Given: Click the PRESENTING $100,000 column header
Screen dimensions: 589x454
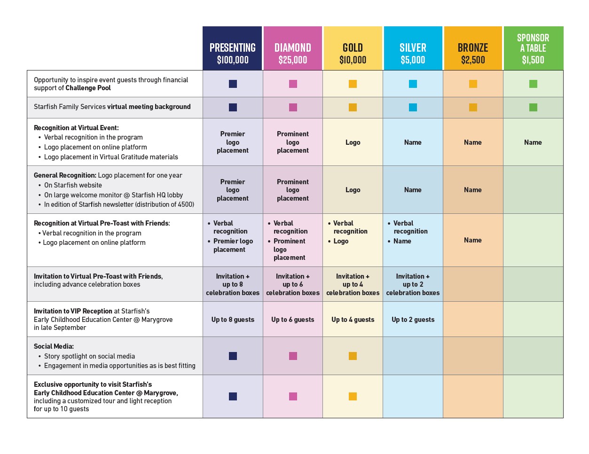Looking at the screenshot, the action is (x=232, y=48).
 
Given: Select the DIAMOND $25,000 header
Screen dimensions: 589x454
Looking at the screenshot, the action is (x=293, y=48).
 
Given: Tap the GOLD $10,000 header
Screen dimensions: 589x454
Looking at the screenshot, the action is (x=353, y=48).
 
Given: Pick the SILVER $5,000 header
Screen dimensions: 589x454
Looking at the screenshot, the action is (x=413, y=48).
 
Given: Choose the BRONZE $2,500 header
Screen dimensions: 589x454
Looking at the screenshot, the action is (x=473, y=48).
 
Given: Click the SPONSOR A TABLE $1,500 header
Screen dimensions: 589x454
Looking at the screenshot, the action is (x=533, y=48).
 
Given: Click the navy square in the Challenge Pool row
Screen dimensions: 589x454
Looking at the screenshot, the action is (x=233, y=84).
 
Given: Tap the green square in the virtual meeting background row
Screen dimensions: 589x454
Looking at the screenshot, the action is (x=533, y=107).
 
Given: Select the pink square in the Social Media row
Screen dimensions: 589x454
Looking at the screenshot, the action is (x=293, y=356).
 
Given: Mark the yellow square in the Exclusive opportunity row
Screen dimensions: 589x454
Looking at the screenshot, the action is (x=353, y=396).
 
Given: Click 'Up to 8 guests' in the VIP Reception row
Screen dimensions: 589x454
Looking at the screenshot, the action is (x=233, y=320).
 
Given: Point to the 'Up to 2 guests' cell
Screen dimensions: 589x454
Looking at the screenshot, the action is (x=413, y=320).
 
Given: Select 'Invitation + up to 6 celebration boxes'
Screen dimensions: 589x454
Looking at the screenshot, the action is (x=293, y=284).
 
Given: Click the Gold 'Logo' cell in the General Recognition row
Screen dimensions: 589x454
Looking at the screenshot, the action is (x=353, y=189).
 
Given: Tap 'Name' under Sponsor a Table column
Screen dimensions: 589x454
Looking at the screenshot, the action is (x=533, y=142).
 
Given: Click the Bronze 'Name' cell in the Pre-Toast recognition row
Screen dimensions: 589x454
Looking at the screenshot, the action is (x=473, y=240).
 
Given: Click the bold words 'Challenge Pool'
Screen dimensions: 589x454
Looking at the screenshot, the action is (x=88, y=88).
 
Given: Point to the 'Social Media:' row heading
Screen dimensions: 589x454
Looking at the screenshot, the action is (x=54, y=346).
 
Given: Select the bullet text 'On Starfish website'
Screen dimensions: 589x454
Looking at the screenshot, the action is (x=73, y=185).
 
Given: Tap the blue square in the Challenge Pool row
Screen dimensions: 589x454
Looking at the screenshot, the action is (x=413, y=84).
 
